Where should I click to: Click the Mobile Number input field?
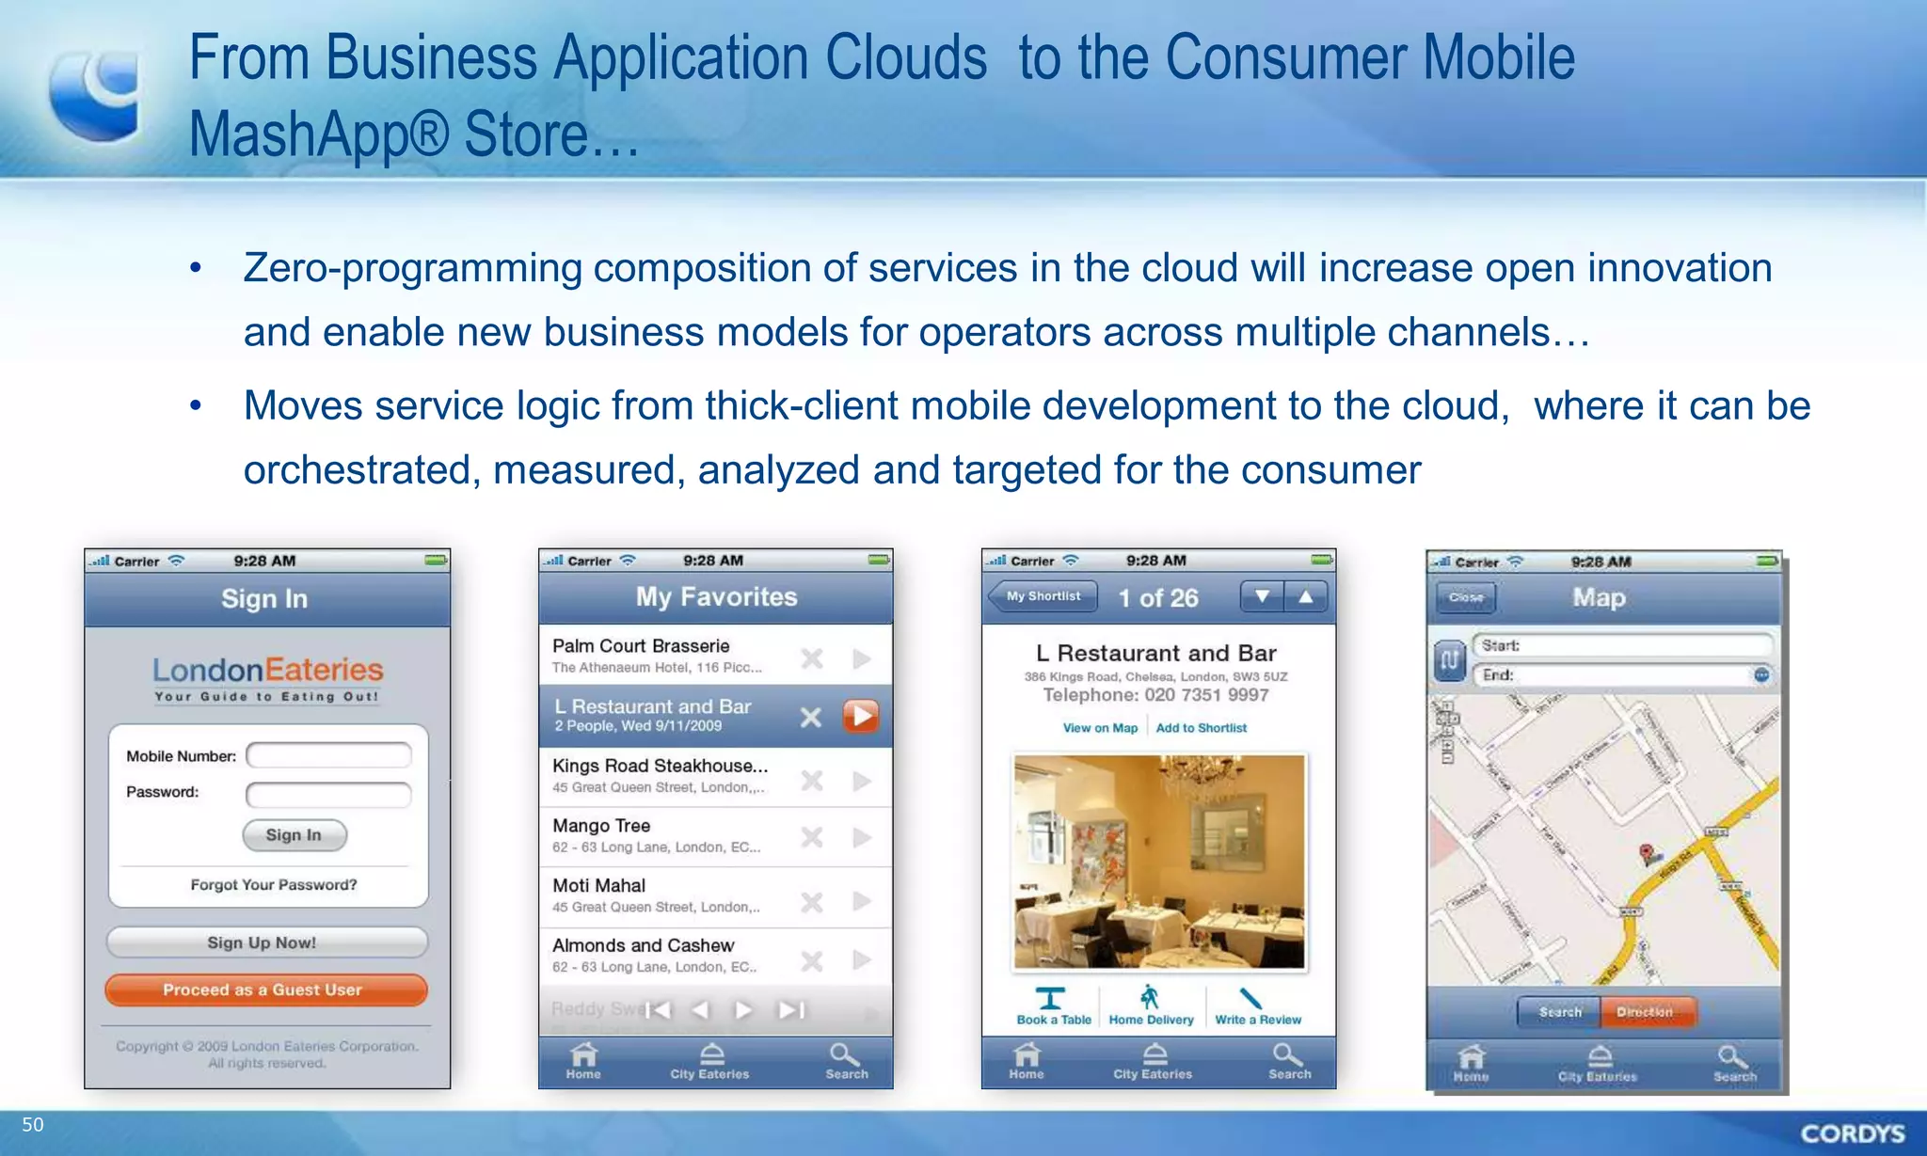point(328,755)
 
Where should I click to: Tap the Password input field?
point(328,794)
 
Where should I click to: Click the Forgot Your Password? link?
point(274,885)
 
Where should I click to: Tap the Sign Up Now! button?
point(266,942)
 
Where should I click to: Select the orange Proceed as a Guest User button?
point(266,990)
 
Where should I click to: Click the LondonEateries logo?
point(268,678)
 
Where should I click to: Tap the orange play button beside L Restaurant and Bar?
point(861,717)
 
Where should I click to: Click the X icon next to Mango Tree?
point(811,837)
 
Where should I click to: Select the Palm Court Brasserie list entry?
point(659,655)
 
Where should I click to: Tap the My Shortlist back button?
point(1043,596)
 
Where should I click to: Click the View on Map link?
point(1100,728)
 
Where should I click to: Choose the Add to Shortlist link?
point(1202,728)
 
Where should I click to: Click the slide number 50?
point(33,1125)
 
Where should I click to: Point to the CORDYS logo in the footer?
point(1853,1133)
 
